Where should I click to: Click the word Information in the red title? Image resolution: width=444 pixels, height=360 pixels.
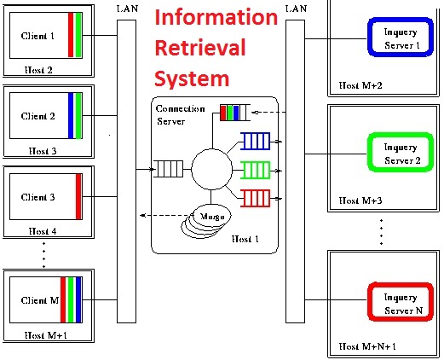coord(216,18)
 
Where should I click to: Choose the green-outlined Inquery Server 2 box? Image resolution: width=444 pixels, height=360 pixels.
coord(401,154)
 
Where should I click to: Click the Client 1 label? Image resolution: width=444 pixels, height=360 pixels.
coord(38,36)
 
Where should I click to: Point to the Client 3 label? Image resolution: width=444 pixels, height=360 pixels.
coord(38,197)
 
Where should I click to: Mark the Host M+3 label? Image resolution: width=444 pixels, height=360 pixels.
coord(358,200)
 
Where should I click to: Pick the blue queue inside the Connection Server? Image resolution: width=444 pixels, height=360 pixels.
coord(257,140)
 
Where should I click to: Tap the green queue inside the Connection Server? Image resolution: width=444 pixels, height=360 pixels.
coord(257,169)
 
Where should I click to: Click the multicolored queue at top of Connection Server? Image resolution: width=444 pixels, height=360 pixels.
coord(236,112)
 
